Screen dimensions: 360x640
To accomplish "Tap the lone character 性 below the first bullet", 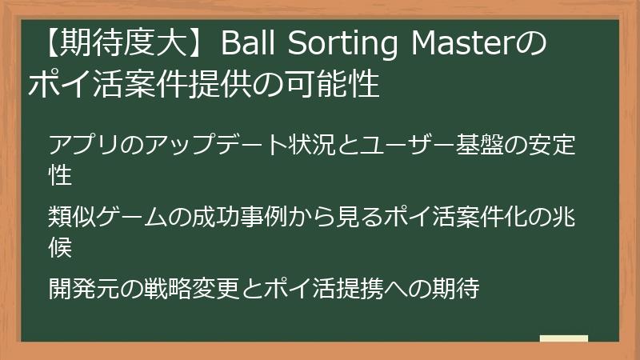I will pos(62,174).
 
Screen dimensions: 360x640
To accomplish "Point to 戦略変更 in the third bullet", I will pos(199,287).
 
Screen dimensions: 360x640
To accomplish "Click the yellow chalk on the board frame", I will pos(564,338).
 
